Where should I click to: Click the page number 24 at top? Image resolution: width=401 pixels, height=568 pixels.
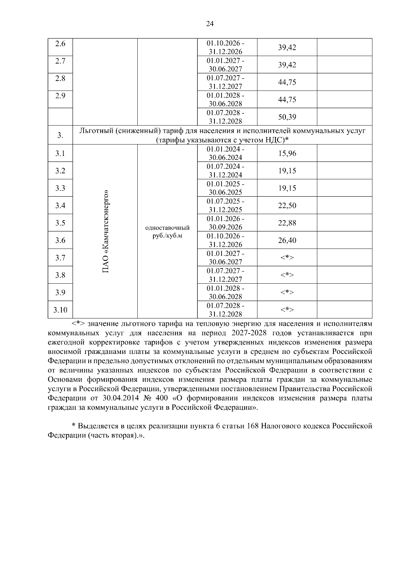coord(210,24)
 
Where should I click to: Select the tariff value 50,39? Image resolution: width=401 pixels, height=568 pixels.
coord(287,117)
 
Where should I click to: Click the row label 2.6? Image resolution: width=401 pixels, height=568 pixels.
coord(60,44)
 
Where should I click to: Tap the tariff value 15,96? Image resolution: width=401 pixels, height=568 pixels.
coord(287,154)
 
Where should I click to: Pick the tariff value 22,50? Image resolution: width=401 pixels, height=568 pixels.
coord(287,206)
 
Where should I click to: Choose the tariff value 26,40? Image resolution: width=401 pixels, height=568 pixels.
coord(287,241)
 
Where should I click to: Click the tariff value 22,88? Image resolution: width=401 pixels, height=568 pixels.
coord(287,223)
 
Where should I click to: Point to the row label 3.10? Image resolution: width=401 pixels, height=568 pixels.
coord(60,310)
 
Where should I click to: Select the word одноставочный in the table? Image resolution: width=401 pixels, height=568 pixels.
coord(167,228)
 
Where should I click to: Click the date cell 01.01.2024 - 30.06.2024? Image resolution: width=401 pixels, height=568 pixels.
coord(226,154)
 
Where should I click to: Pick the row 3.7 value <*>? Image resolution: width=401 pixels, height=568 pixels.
coord(287,258)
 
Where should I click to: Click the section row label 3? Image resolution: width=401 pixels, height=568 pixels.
coord(60,135)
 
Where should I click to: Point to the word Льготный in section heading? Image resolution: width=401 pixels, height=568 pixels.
coord(94,131)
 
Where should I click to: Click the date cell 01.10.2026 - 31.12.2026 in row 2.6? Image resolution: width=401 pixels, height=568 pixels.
coord(226,48)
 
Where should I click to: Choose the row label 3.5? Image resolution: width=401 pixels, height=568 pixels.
coord(60,223)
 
